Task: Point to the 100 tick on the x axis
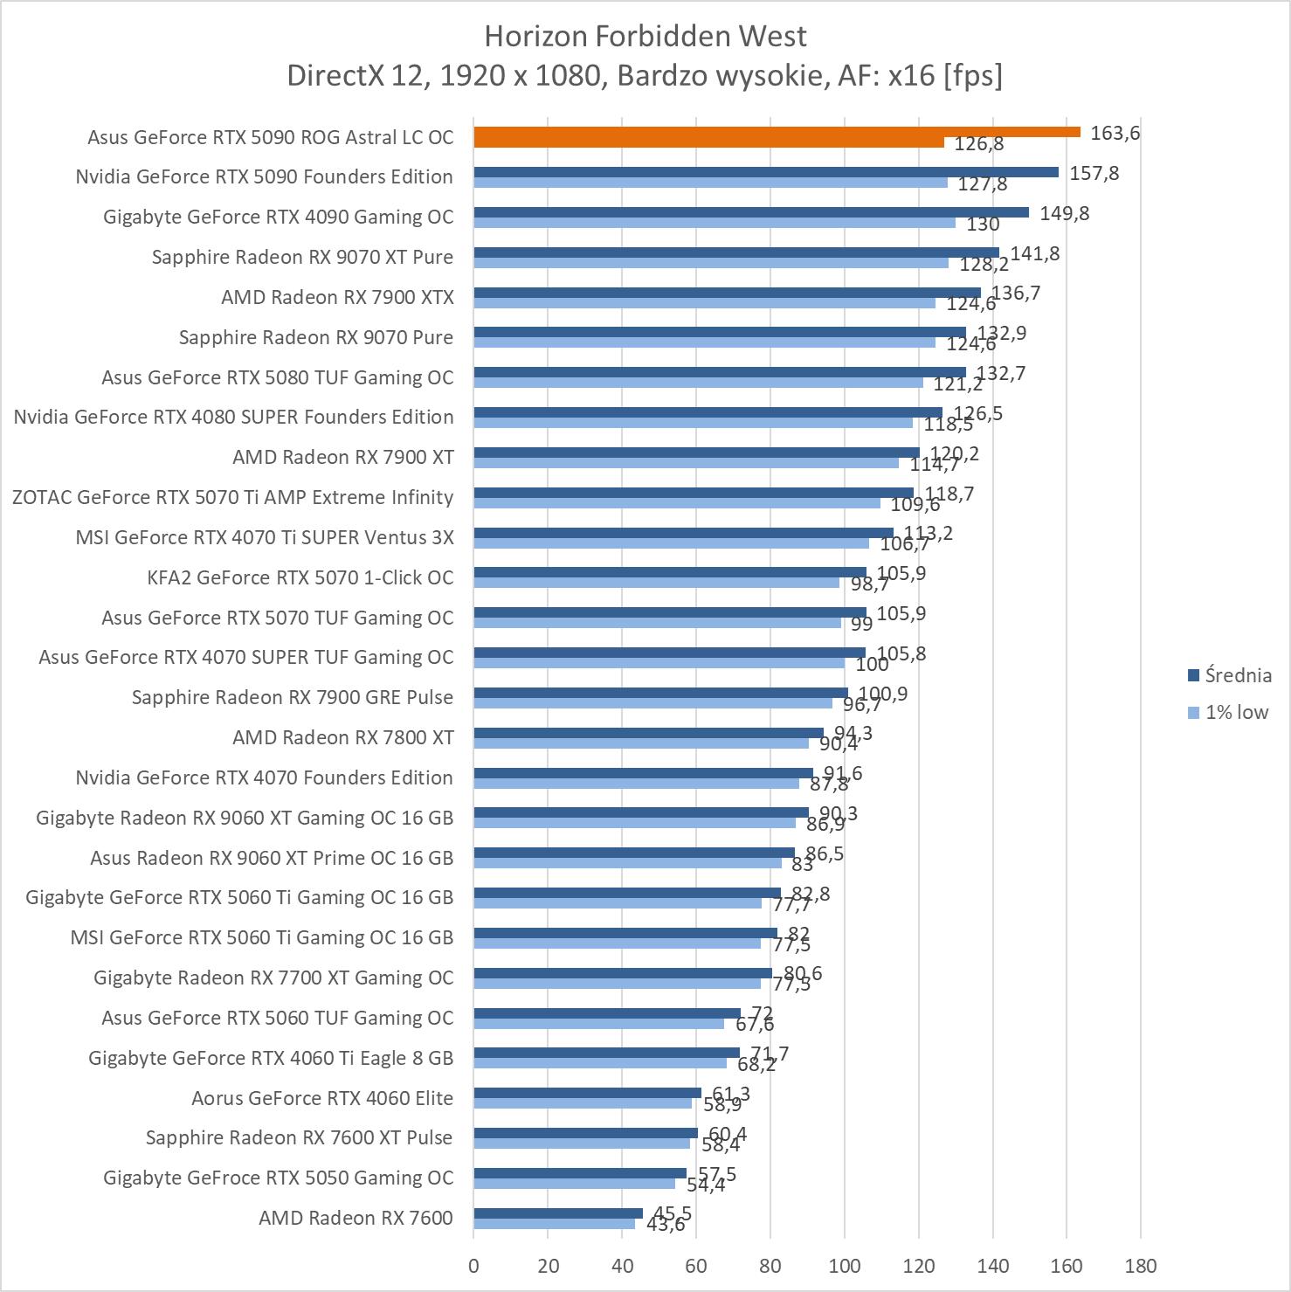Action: pyautogui.click(x=844, y=1266)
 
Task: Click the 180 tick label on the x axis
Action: pyautogui.click(x=1140, y=1266)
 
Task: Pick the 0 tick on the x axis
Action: pyautogui.click(x=473, y=1266)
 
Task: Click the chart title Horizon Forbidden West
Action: pyautogui.click(x=645, y=36)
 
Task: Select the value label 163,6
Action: pyautogui.click(x=1115, y=133)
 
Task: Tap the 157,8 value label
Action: pyautogui.click(x=1094, y=173)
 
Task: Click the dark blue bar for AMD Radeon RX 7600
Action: pyautogui.click(x=558, y=1213)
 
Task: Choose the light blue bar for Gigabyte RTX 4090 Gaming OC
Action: pyautogui.click(x=715, y=223)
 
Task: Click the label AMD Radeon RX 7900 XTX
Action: pyautogui.click(x=337, y=297)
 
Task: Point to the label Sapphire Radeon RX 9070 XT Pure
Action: pyautogui.click(x=302, y=257)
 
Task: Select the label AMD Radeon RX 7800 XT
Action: pyautogui.click(x=342, y=737)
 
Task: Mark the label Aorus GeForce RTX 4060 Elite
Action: pyautogui.click(x=322, y=1098)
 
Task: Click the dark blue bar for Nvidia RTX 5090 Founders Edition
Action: pyautogui.click(x=765, y=172)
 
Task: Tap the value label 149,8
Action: pyautogui.click(x=1064, y=213)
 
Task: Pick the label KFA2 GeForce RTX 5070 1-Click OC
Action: pyautogui.click(x=300, y=577)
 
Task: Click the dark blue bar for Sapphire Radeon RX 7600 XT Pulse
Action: pyautogui.click(x=585, y=1133)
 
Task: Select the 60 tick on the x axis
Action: pyautogui.click(x=696, y=1266)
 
